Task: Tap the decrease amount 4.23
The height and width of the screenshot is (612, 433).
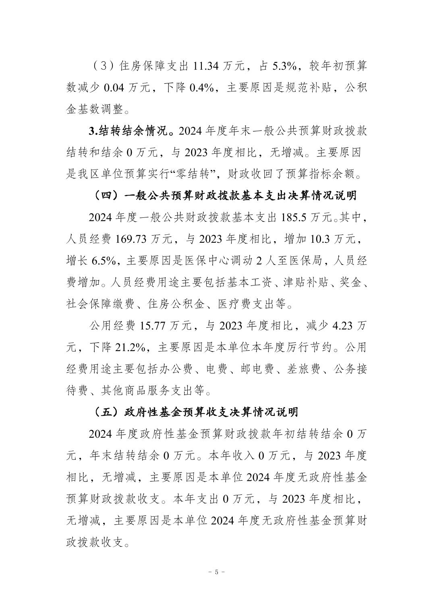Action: click(x=344, y=327)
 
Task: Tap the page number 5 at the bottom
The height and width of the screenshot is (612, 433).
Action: click(x=217, y=572)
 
